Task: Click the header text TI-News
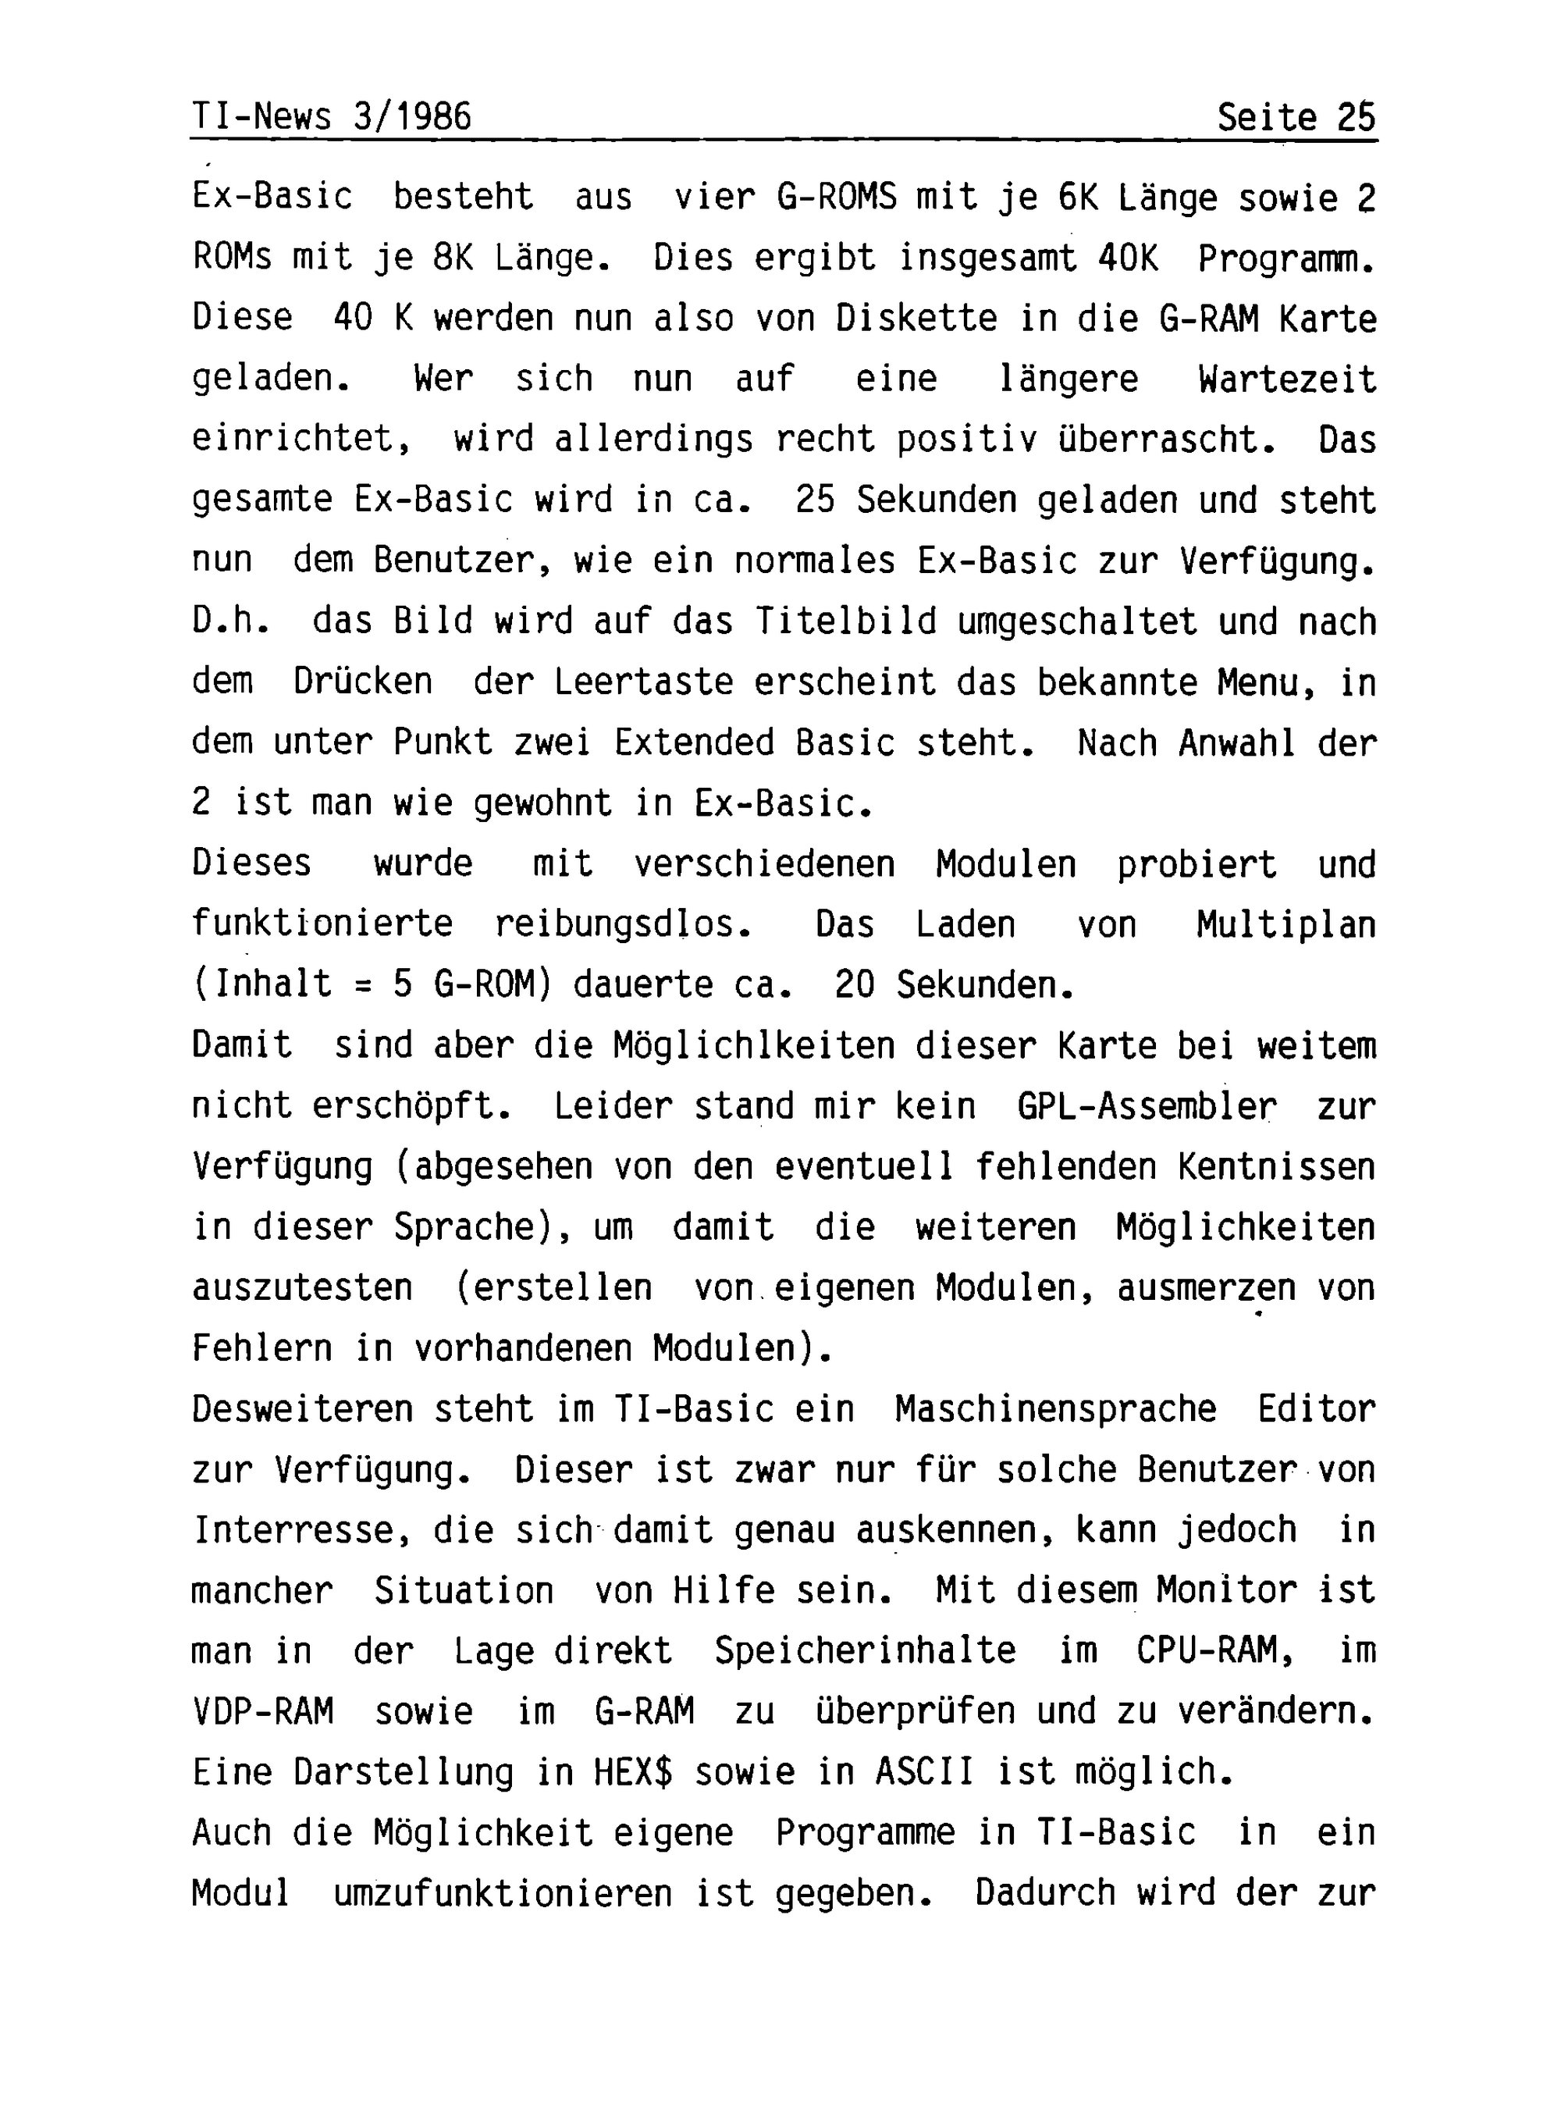pyautogui.click(x=261, y=117)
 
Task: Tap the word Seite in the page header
pyautogui.click(x=1266, y=117)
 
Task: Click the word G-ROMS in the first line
pyautogui.click(x=836, y=198)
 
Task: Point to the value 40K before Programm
pyautogui.click(x=1129, y=258)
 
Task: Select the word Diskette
pyautogui.click(x=916, y=319)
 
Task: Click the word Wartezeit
pyautogui.click(x=1287, y=379)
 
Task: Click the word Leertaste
pyautogui.click(x=643, y=682)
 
